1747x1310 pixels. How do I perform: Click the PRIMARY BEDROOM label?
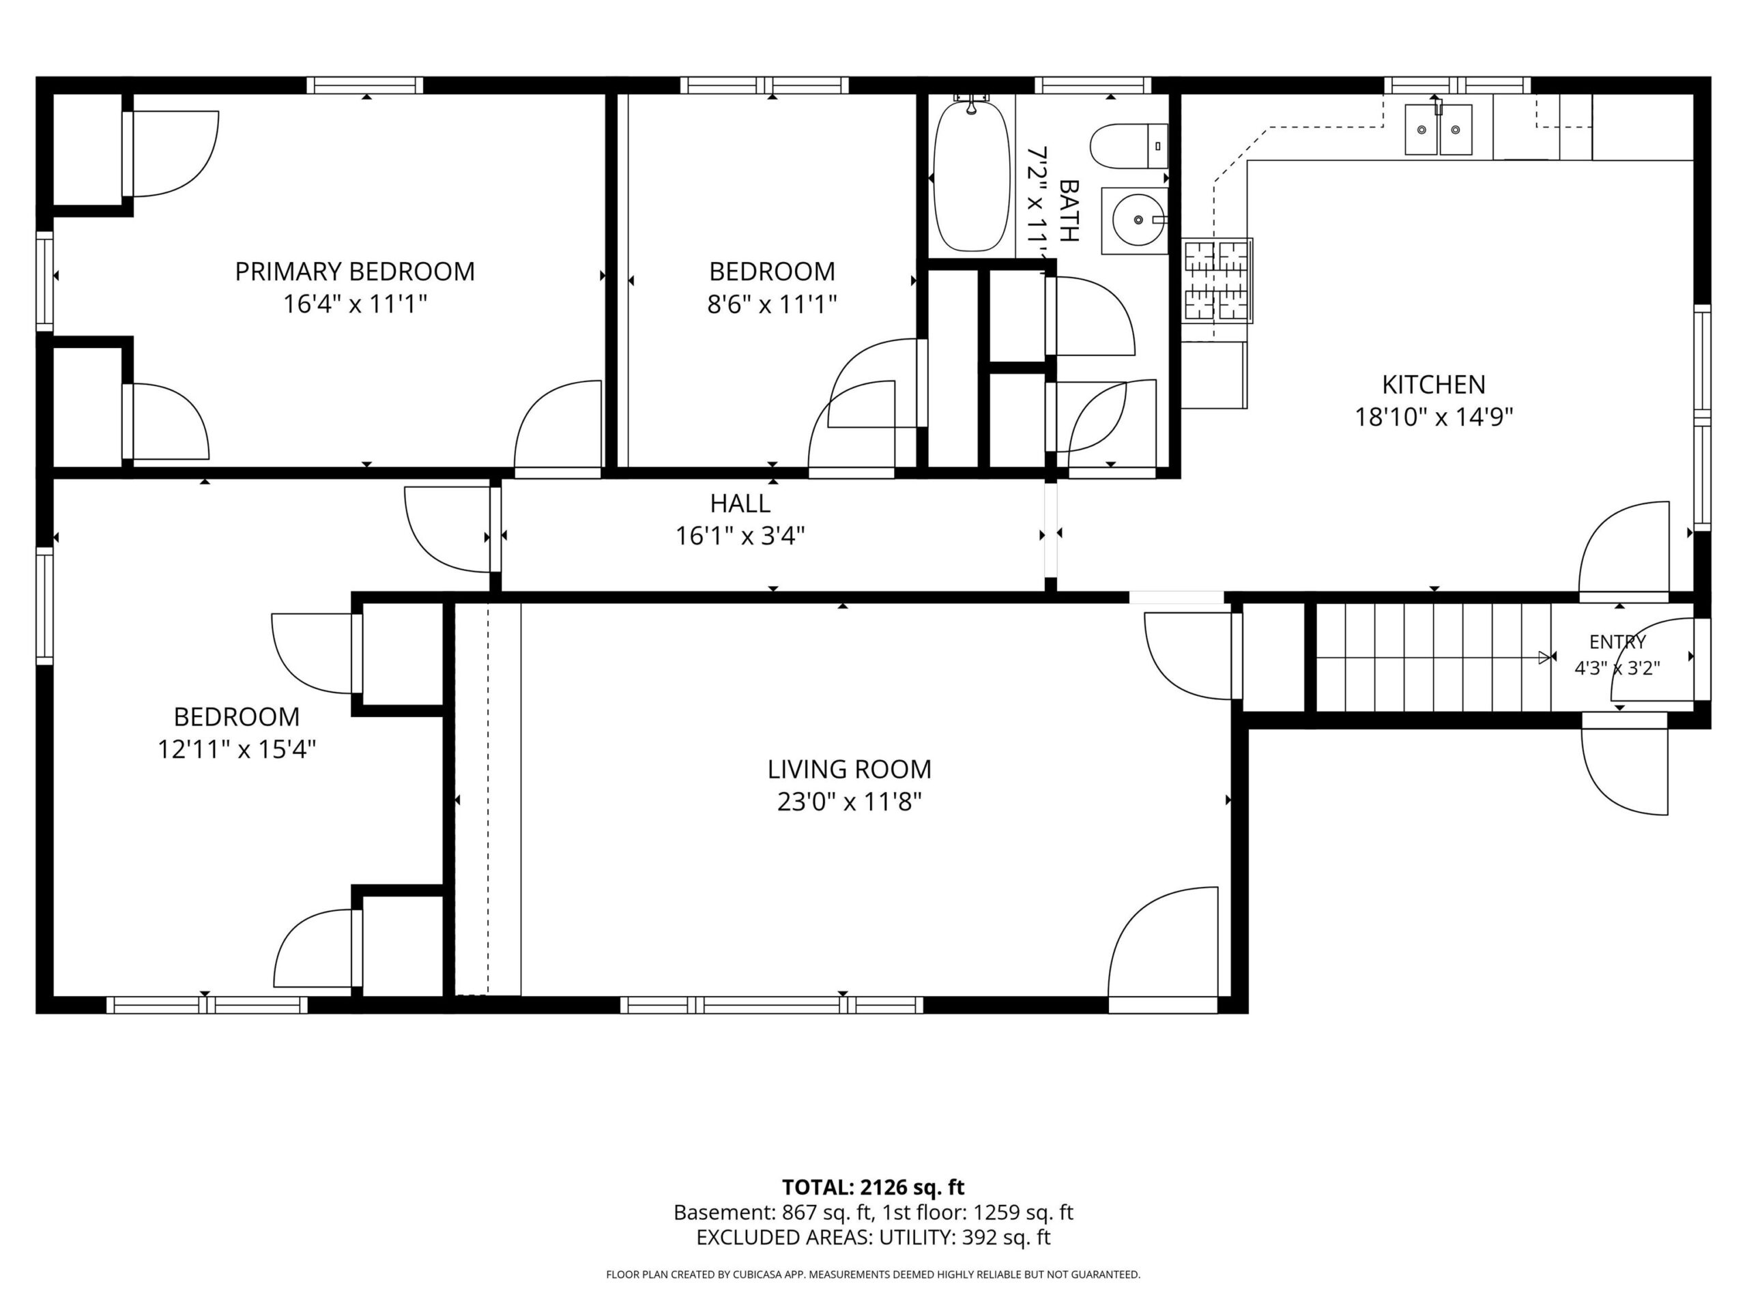click(355, 272)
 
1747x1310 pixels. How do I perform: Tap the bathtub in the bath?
click(972, 175)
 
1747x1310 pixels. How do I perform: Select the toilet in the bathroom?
click(1129, 146)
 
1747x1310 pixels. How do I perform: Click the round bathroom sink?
click(1138, 220)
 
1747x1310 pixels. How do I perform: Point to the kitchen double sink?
click(1437, 130)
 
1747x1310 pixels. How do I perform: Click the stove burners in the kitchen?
click(1216, 280)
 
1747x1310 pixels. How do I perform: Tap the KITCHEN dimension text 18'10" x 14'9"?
click(1434, 417)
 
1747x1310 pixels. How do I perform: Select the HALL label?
click(740, 503)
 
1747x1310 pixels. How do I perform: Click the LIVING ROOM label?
click(849, 769)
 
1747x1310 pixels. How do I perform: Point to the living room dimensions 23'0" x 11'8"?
click(849, 802)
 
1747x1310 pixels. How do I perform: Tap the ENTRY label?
click(1617, 642)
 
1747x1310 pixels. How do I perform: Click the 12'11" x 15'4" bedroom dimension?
click(236, 749)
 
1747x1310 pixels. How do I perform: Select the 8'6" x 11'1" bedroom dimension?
click(772, 304)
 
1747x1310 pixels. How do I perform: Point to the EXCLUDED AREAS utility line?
click(873, 1238)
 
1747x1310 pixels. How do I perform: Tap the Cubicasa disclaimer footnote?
click(873, 1275)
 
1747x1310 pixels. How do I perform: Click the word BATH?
click(1068, 211)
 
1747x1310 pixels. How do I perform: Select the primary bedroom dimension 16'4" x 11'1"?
click(355, 304)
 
